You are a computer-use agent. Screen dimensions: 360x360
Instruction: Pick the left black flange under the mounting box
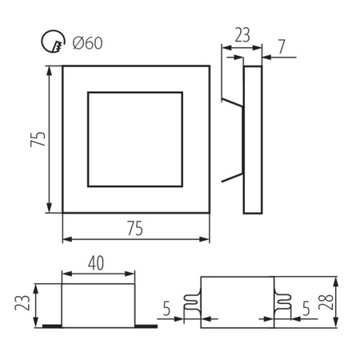coord(51,326)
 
